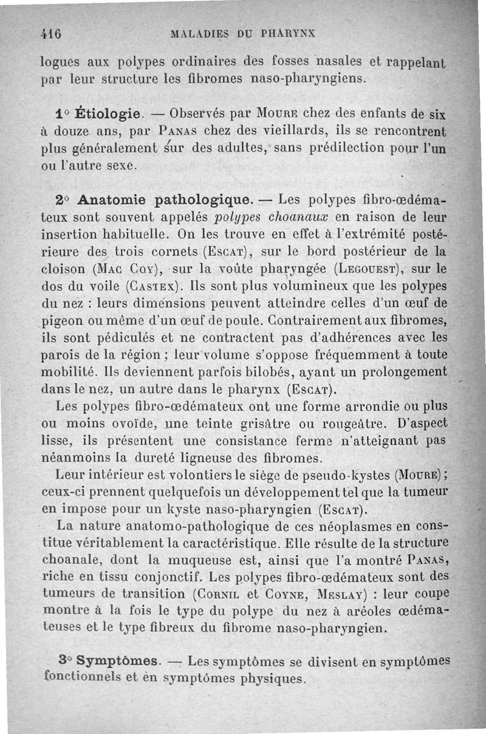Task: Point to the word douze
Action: click(x=74, y=131)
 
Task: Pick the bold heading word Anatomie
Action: click(x=110, y=200)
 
